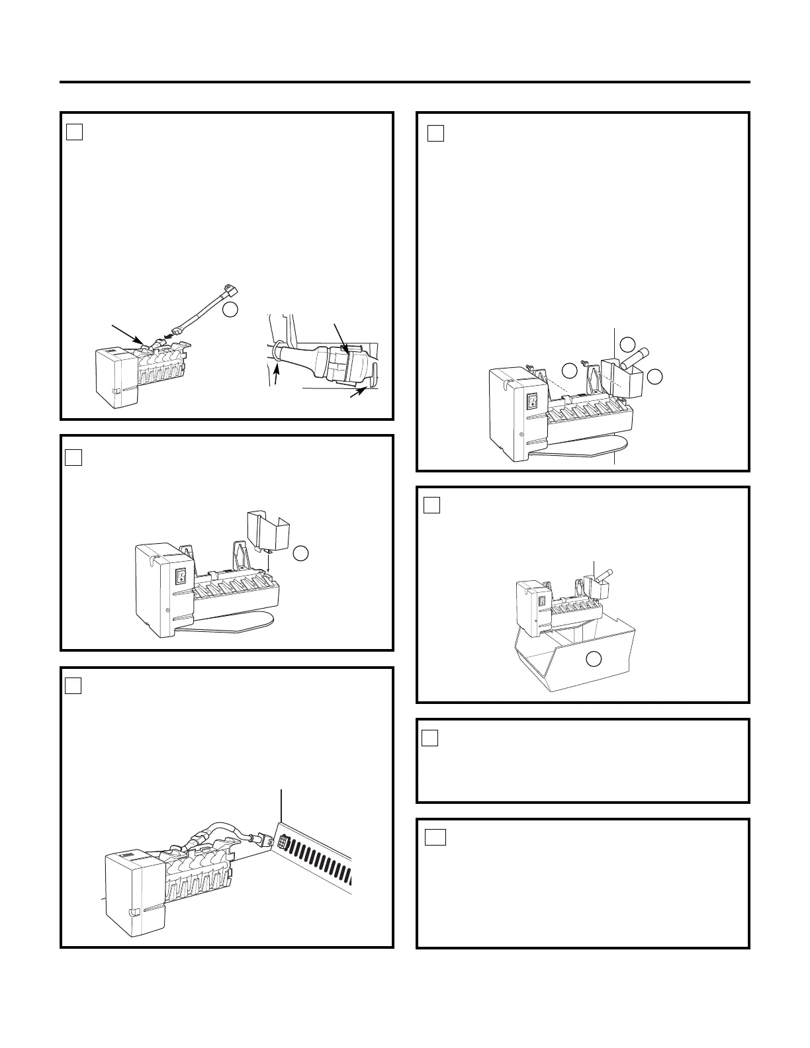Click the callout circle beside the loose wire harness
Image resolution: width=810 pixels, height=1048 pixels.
(230, 310)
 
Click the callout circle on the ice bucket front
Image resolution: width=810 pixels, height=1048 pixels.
(594, 658)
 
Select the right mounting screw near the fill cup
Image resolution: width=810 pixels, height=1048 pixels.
(586, 361)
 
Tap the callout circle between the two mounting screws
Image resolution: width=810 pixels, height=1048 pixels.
(568, 370)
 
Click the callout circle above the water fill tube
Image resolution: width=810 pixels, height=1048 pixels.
(627, 343)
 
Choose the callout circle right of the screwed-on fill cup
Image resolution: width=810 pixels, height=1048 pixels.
(654, 376)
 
